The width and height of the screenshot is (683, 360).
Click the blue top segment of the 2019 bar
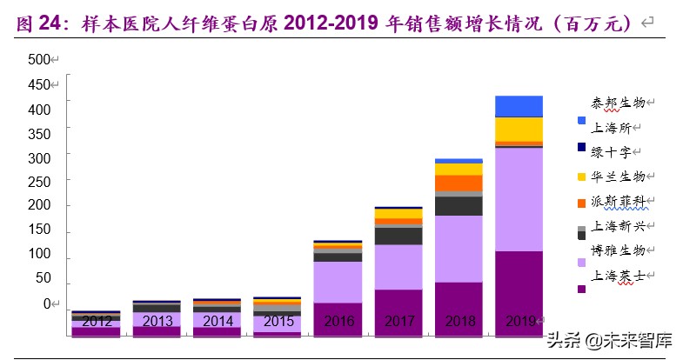[x=519, y=106]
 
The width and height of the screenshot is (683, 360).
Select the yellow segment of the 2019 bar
[x=519, y=129]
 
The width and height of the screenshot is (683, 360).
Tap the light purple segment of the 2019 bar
[x=519, y=199]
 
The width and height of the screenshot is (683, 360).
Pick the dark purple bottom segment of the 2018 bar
[x=459, y=308]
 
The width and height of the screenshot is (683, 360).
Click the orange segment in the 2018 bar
[x=459, y=183]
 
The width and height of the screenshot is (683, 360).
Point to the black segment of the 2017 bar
[x=398, y=236]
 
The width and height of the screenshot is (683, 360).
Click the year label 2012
[x=97, y=320]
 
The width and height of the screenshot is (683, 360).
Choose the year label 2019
[x=519, y=320]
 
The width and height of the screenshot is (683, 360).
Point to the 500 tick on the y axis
[x=39, y=59]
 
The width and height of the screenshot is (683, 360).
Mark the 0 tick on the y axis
[x=48, y=305]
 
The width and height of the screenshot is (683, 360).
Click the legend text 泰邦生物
[x=619, y=103]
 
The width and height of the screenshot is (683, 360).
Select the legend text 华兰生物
[x=619, y=177]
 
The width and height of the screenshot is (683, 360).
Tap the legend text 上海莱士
[x=619, y=276]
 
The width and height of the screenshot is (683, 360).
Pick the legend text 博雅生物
[x=619, y=250]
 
